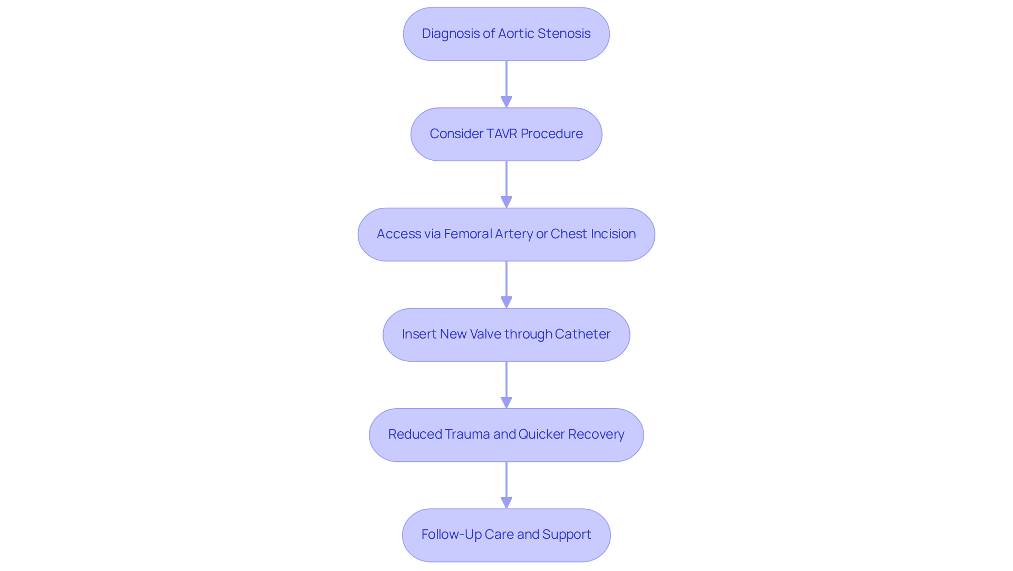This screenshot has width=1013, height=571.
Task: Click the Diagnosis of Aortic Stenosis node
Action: click(x=506, y=34)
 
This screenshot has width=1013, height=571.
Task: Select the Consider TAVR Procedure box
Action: click(x=506, y=134)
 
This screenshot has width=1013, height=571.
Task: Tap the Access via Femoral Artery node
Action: click(x=506, y=234)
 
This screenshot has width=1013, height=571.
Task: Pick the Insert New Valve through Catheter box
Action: click(x=506, y=334)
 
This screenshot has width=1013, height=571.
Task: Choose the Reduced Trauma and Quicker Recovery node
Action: click(x=506, y=434)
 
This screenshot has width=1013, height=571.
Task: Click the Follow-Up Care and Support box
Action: click(x=506, y=535)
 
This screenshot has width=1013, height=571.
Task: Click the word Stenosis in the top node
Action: click(x=563, y=34)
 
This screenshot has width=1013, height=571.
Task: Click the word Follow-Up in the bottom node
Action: click(x=451, y=535)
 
